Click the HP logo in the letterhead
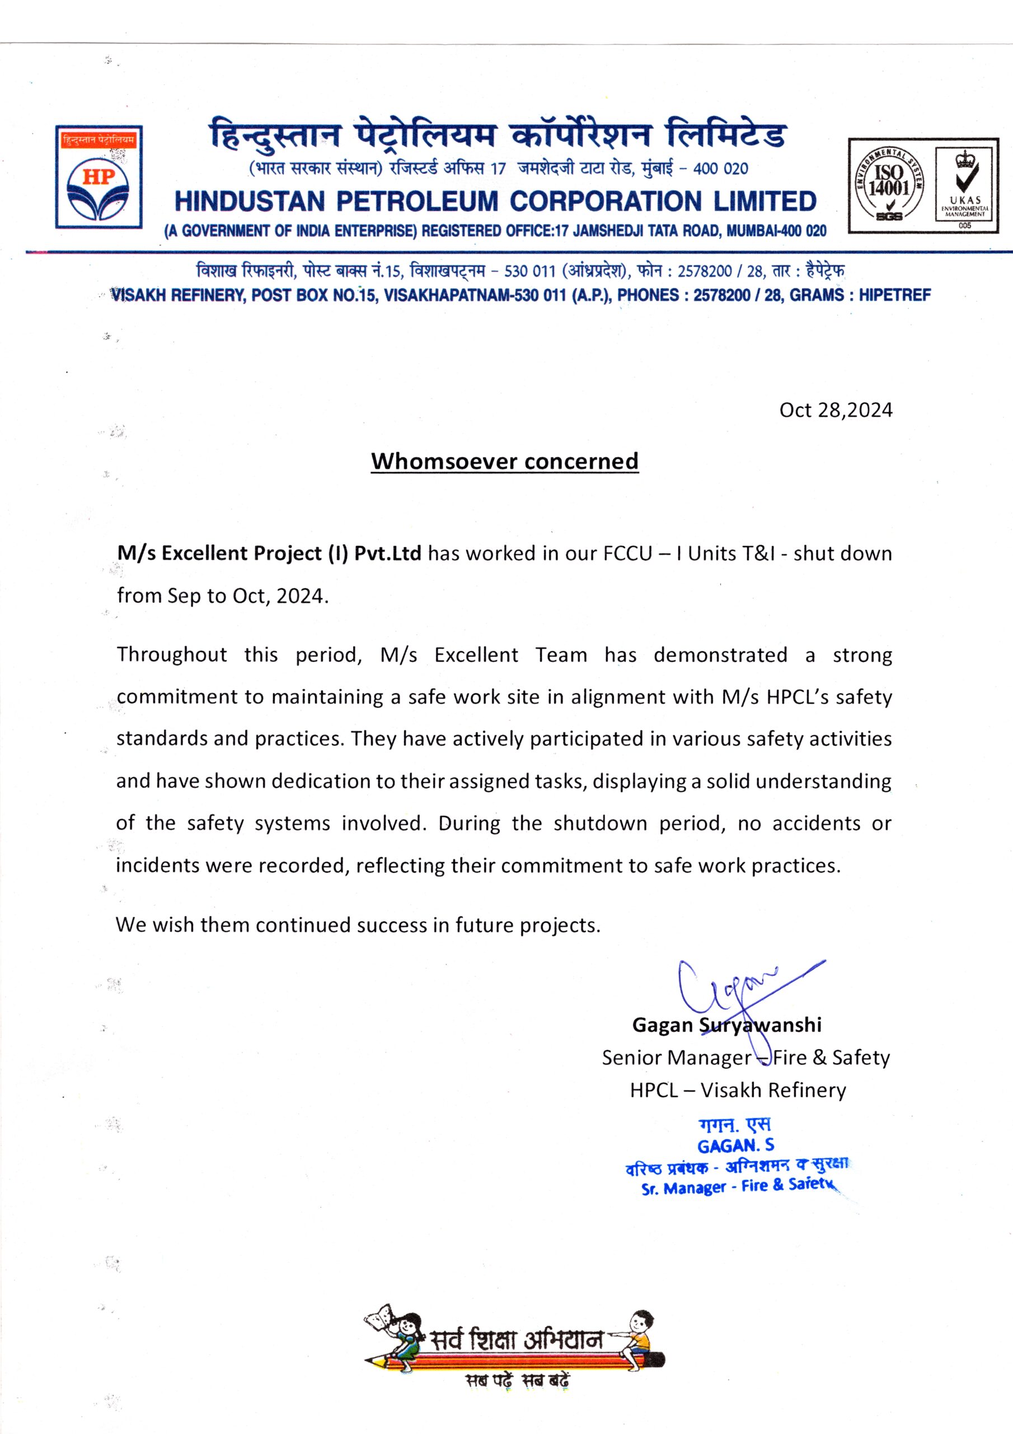(x=99, y=177)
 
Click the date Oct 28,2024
(x=835, y=411)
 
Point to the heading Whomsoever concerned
(x=504, y=461)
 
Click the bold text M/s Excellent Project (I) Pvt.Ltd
(x=269, y=553)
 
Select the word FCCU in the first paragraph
(x=627, y=553)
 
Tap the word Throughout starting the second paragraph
(x=172, y=655)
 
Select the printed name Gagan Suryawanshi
(x=726, y=1025)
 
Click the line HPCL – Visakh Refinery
(x=738, y=1090)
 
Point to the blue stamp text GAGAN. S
(x=735, y=1146)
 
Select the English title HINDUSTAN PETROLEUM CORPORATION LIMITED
(x=495, y=201)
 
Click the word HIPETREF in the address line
(x=894, y=295)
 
